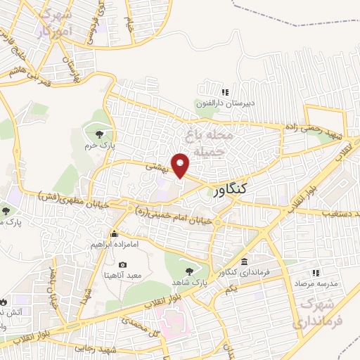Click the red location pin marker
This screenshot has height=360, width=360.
click(x=181, y=165)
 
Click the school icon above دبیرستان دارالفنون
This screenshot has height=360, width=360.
click(x=226, y=92)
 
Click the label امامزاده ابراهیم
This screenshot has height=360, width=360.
click(x=114, y=245)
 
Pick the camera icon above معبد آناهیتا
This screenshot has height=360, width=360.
click(x=123, y=264)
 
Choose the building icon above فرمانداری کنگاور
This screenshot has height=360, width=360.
click(x=244, y=262)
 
